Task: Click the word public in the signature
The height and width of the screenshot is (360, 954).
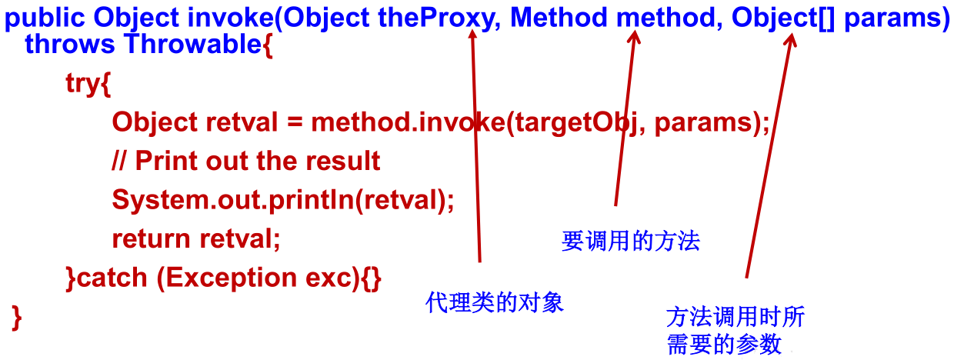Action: (x=45, y=18)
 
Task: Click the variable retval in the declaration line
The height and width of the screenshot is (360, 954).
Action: (x=244, y=122)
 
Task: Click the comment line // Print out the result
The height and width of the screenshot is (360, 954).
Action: (x=246, y=161)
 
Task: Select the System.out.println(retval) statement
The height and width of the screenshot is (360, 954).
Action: (x=283, y=200)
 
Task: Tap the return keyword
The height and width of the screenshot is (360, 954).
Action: (x=152, y=238)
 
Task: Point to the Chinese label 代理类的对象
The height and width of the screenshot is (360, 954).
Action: (x=495, y=302)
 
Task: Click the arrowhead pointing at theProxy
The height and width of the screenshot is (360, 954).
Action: (x=472, y=36)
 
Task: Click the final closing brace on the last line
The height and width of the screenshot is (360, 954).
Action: (x=17, y=317)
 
